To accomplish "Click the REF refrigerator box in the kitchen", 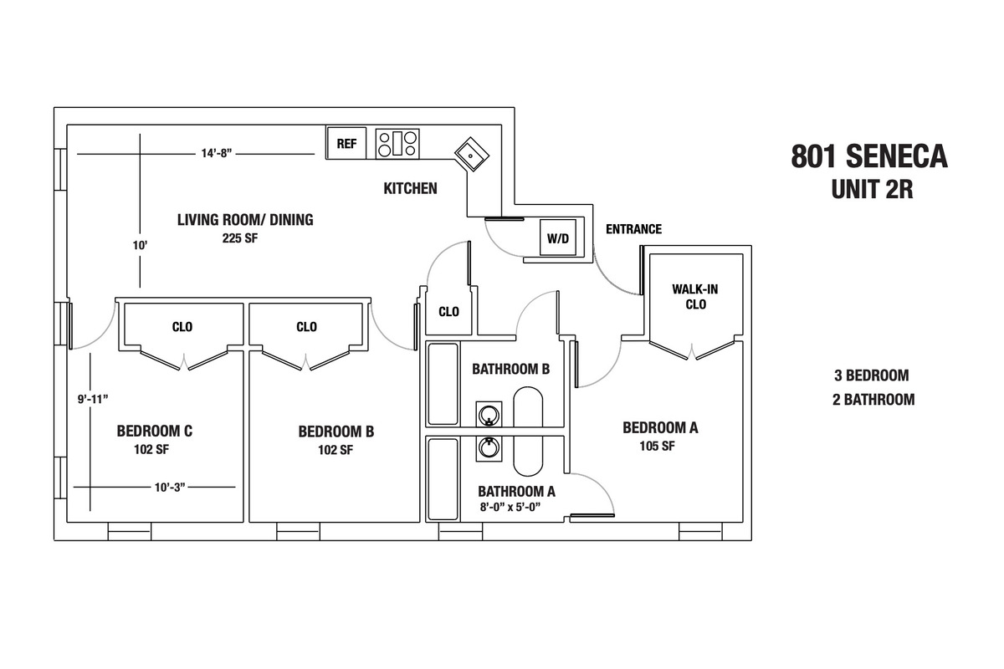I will pyautogui.click(x=346, y=143).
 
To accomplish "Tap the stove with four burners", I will pyautogui.click(x=397, y=143).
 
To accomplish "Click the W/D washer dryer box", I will pyautogui.click(x=557, y=239).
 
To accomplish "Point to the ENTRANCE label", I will pyautogui.click(x=633, y=229).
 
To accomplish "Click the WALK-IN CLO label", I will pyautogui.click(x=695, y=297).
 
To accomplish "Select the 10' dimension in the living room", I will pyautogui.click(x=139, y=246).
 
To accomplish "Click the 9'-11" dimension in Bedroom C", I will pyautogui.click(x=92, y=399).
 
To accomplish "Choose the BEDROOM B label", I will pyautogui.click(x=336, y=432).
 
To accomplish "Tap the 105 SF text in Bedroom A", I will pyautogui.click(x=657, y=446).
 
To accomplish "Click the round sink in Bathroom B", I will pyautogui.click(x=489, y=413).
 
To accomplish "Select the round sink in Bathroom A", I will pyautogui.click(x=489, y=448).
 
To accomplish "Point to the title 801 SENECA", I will pyautogui.click(x=869, y=156).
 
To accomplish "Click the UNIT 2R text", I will pyautogui.click(x=870, y=190).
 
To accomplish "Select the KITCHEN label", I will pyautogui.click(x=410, y=189).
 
